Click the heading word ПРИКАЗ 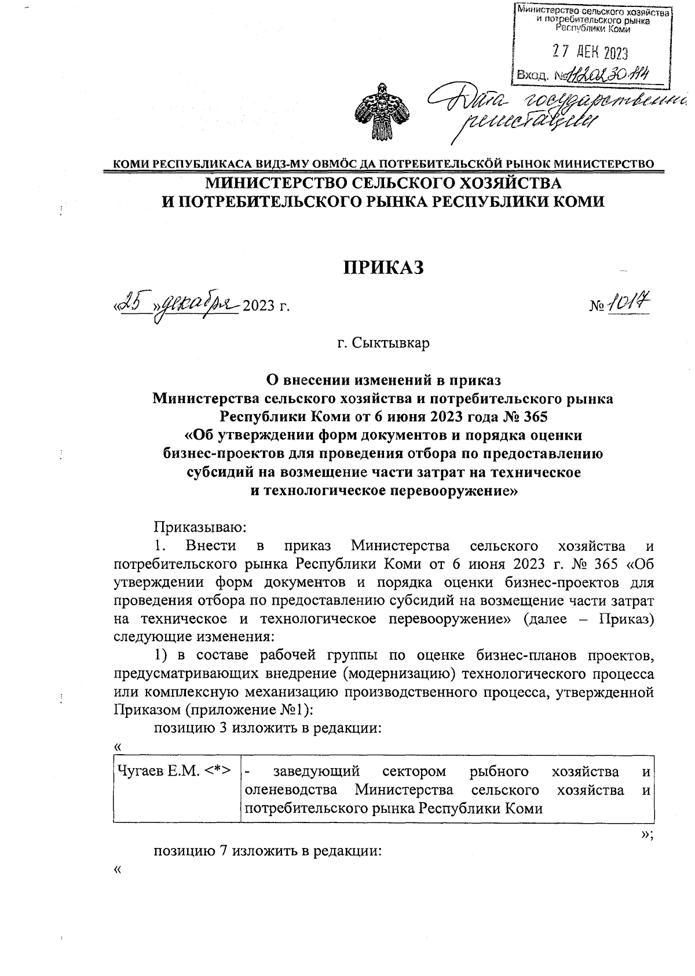click(384, 268)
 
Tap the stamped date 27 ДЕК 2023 click(590, 53)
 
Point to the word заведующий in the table click(316, 771)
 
